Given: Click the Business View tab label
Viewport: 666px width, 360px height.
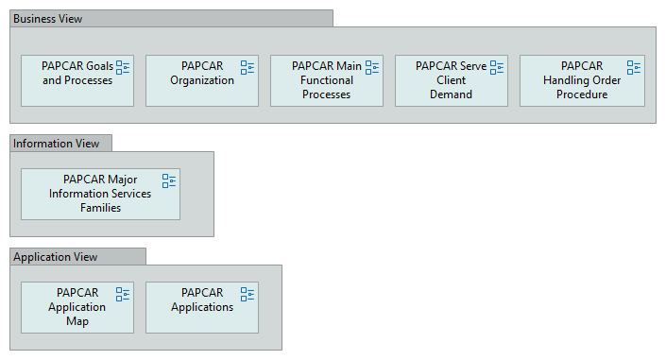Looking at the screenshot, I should coord(47,19).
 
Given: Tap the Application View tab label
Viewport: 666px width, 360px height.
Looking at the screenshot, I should coord(55,257).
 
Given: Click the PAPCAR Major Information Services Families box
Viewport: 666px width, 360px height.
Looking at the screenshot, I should coord(100,195).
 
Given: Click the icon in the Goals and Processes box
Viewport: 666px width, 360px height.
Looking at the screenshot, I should coord(123,67).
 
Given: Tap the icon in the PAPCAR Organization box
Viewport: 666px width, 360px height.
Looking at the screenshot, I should coord(248,67).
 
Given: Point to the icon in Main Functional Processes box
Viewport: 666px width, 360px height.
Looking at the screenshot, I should coord(372,67).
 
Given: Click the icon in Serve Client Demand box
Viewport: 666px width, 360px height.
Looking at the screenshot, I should coord(497,67).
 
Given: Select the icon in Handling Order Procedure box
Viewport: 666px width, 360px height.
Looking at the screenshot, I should coord(634,67).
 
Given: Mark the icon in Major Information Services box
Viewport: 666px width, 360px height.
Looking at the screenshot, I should coord(169,180).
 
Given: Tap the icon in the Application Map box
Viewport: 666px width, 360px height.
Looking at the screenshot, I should coord(123,294).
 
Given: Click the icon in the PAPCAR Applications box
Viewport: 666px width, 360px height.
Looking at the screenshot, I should coord(248,294).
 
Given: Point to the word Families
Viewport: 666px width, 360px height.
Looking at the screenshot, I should coord(100,208).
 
